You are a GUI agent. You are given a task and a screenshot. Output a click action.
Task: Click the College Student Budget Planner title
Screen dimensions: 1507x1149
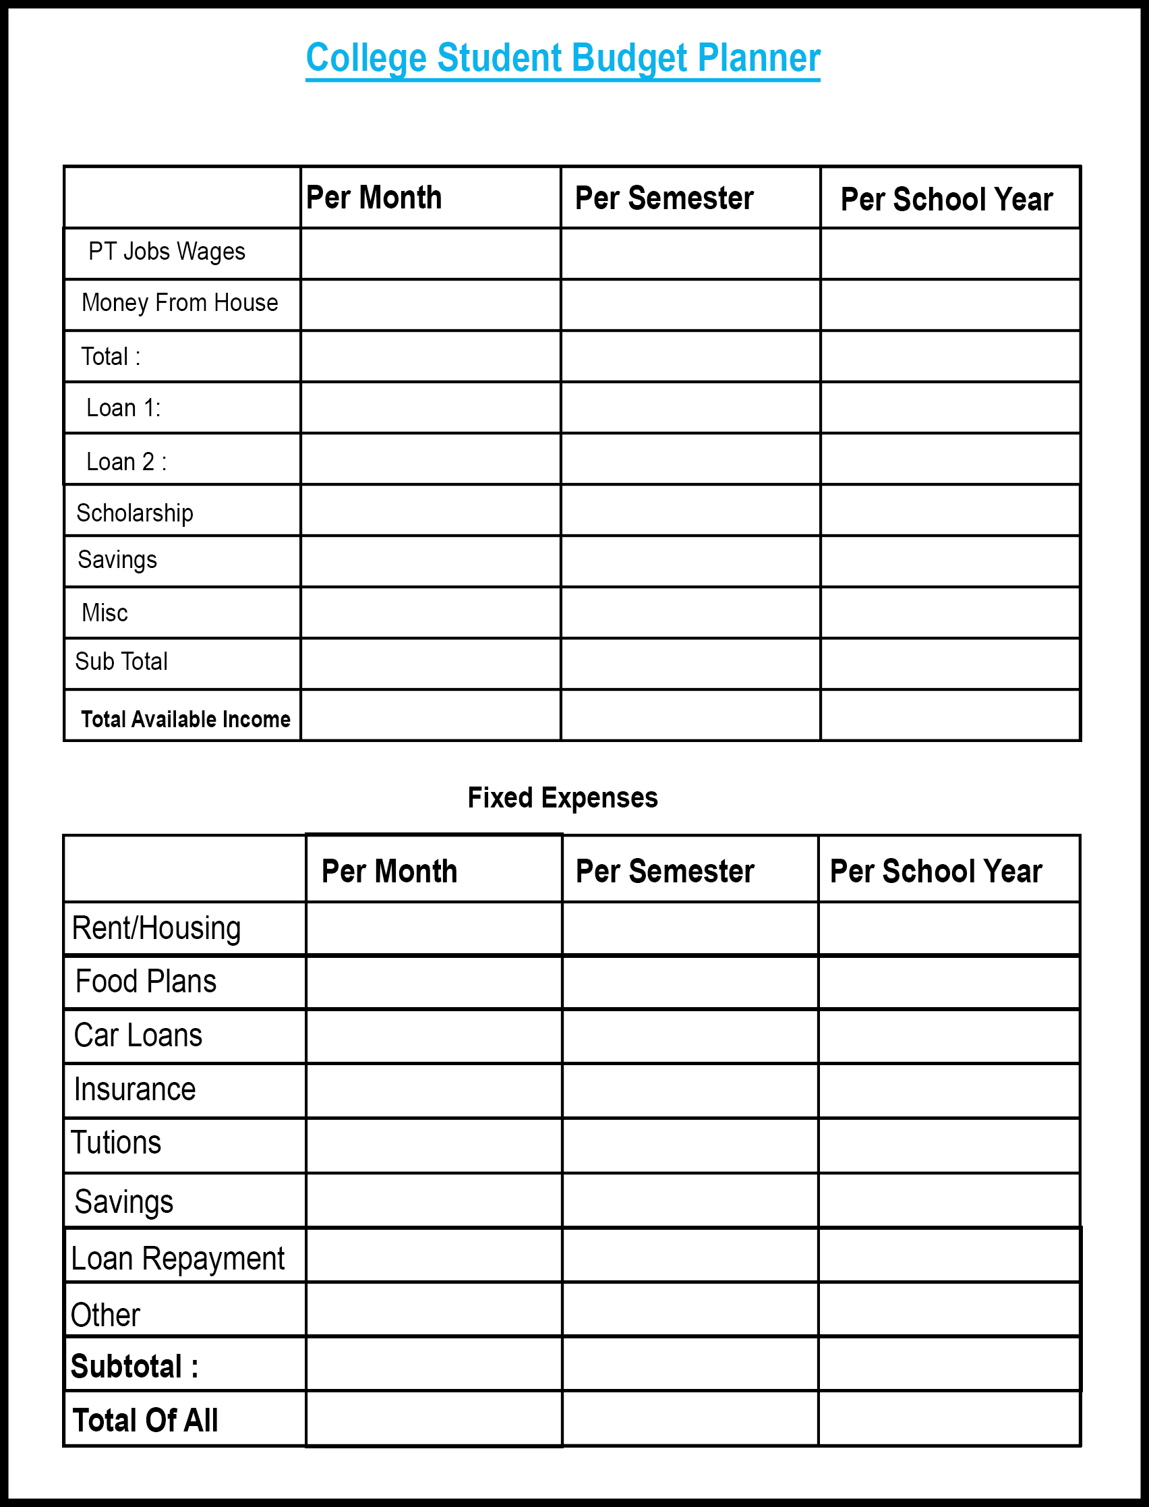point(562,58)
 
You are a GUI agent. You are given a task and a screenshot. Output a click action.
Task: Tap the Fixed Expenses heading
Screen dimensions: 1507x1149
point(562,797)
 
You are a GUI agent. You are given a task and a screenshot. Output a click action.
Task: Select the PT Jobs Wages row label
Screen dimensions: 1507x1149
point(166,252)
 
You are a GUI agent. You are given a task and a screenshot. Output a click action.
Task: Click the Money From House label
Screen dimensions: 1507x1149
point(179,303)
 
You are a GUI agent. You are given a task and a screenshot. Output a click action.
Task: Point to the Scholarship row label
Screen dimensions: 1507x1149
point(135,513)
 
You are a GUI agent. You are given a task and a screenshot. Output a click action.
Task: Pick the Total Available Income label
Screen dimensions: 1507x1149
point(185,719)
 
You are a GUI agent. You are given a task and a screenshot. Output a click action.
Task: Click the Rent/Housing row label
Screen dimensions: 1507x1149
point(156,928)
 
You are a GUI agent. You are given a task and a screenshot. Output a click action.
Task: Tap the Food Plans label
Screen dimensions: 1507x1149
point(146,982)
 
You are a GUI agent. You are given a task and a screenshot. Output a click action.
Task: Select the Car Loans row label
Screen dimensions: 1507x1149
point(138,1035)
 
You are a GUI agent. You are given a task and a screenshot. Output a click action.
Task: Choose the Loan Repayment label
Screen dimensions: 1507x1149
point(177,1259)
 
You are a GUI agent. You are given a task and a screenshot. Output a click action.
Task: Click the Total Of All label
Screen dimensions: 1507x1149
point(145,1420)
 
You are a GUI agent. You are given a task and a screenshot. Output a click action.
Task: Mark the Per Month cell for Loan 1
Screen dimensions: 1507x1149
point(430,407)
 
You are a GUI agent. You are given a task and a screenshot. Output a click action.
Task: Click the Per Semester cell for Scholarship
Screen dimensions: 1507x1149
point(690,510)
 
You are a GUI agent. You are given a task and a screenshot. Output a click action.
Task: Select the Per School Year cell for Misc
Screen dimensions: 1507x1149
point(950,613)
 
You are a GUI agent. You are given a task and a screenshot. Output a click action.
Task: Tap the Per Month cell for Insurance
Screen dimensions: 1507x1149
point(434,1090)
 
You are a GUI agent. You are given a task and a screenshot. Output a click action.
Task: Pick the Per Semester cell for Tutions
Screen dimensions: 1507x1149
point(690,1145)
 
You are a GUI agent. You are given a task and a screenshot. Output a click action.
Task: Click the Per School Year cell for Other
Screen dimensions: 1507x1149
point(949,1309)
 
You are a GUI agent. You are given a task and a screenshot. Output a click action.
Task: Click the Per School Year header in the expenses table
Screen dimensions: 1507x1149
point(936,872)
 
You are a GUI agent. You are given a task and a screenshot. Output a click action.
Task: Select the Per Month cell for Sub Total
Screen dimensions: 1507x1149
point(430,664)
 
